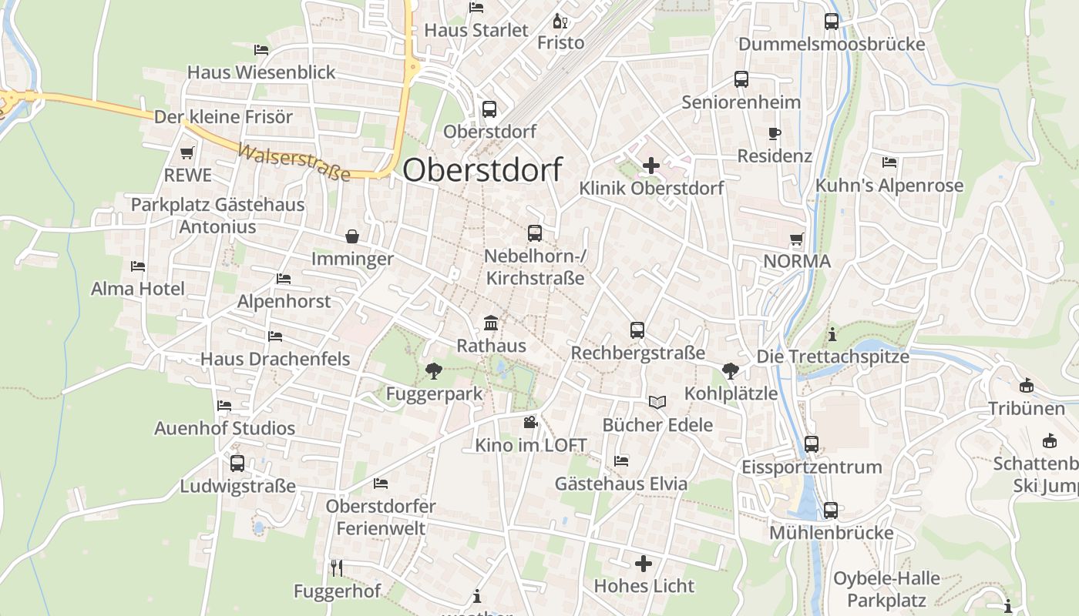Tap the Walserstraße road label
coord(294,162)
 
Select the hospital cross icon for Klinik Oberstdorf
coord(651,165)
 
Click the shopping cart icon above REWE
coord(187,153)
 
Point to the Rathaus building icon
coord(491,323)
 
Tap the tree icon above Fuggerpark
coord(434,371)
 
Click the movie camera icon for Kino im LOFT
coord(530,422)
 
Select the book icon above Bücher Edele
coord(657,402)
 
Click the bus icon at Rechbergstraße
coord(637,330)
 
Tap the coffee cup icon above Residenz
coord(775,134)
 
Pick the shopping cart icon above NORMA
coord(796,239)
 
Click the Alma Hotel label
coord(138,289)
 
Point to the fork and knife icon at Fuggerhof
coord(336,568)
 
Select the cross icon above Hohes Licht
coord(644,564)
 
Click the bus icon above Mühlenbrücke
coord(831,511)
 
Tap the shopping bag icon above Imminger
coord(352,236)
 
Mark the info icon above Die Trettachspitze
coord(832,335)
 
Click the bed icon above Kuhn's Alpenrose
coord(889,162)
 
